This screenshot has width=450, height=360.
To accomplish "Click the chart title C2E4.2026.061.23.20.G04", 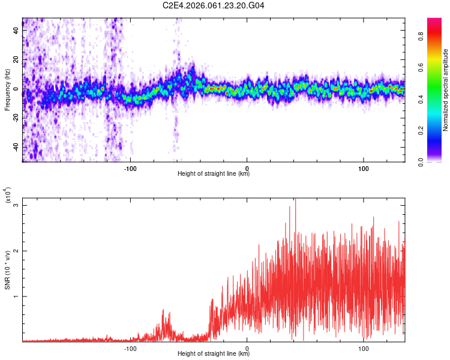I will (x=214, y=6).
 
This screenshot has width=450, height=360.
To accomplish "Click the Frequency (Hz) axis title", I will (x=7, y=89).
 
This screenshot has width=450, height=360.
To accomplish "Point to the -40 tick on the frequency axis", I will (x=15, y=148).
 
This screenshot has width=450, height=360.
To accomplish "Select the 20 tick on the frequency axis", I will (x=16, y=59).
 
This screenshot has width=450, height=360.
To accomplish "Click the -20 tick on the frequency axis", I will (x=15, y=118).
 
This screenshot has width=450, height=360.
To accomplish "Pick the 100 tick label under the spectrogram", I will (x=363, y=167).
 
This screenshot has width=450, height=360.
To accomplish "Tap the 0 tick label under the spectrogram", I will (x=247, y=167).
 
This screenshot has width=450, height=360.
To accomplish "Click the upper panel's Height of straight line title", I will (x=214, y=174).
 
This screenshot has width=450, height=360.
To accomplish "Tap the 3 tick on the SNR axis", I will (x=16, y=205).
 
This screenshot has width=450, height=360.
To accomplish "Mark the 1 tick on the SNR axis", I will (x=16, y=296).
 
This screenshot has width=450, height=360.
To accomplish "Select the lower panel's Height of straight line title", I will (x=214, y=354).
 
